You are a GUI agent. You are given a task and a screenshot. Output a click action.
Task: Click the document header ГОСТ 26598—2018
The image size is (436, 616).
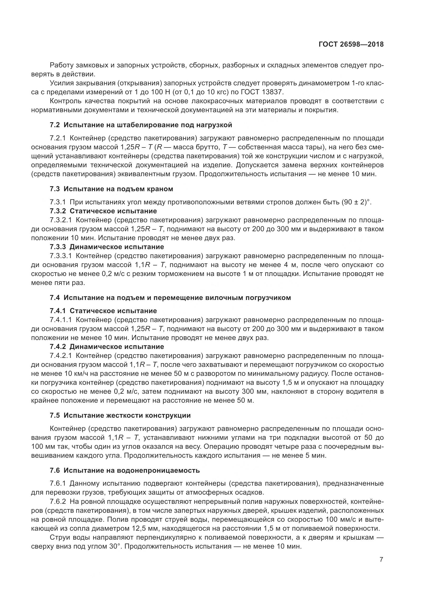click(x=351, y=44)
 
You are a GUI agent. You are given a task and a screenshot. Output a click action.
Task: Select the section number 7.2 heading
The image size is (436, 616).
click(x=55, y=125)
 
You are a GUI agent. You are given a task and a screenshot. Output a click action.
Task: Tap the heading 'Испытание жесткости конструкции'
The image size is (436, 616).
click(x=127, y=416)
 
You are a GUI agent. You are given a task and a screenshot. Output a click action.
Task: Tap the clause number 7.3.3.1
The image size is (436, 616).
click(x=61, y=256)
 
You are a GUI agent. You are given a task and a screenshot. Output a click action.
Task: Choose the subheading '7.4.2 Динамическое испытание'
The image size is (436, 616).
click(x=106, y=347)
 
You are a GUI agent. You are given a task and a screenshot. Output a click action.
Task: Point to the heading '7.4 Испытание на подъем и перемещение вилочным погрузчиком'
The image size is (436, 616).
click(x=170, y=298)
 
